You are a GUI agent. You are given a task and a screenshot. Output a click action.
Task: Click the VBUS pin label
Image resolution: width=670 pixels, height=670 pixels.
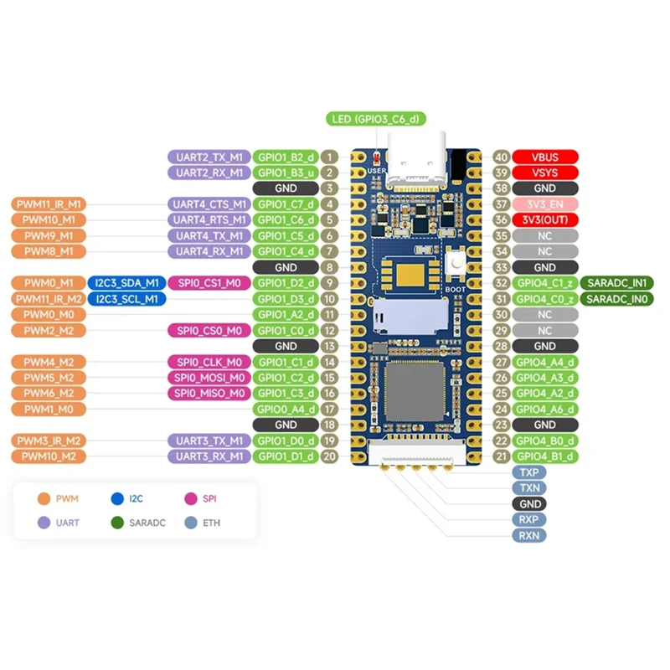544,157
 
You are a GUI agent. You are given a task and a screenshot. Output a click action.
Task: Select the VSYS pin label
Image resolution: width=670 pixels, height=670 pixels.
544,173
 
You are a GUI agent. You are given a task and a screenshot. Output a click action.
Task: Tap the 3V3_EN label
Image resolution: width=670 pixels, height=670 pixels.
544,204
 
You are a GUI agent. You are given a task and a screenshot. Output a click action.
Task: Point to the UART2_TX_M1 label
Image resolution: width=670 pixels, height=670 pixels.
209,157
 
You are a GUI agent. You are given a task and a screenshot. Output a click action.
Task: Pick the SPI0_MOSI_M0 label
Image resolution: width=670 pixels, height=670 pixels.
209,378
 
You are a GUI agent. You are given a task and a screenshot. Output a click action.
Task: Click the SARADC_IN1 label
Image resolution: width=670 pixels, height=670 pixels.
620,283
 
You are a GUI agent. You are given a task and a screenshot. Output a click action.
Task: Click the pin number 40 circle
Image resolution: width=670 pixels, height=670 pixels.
502,157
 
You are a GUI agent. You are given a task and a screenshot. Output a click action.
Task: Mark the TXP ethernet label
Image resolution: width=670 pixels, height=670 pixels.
529,472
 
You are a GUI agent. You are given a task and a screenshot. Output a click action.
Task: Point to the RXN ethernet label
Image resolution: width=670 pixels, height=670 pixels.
529,535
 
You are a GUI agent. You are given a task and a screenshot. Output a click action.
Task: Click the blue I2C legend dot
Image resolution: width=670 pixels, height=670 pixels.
117,500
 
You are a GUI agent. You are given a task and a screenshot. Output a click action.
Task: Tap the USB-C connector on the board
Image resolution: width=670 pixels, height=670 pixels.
417,167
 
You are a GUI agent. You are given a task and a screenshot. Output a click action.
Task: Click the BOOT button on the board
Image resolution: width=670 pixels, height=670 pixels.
457,265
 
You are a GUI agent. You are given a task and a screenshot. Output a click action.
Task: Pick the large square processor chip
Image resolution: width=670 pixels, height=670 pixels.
415,394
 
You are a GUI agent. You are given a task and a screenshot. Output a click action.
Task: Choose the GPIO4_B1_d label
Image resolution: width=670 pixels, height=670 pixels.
544,456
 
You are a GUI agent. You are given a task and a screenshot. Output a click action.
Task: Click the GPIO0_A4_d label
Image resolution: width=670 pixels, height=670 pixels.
285,410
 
